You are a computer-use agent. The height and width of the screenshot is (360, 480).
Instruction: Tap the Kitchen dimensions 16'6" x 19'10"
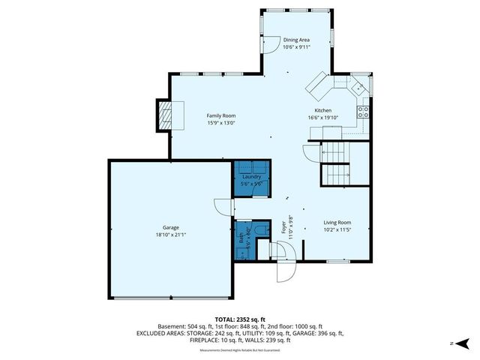click(333, 118)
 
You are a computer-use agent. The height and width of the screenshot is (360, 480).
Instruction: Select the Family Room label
click(221, 115)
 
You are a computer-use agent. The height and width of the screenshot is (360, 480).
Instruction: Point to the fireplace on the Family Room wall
click(164, 115)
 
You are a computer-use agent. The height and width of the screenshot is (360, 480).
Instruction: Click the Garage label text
click(171, 227)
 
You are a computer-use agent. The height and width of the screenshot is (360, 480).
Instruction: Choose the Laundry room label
click(251, 177)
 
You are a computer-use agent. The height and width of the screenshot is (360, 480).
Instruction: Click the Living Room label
click(337, 223)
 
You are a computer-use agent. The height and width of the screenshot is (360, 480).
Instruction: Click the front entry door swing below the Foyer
click(286, 271)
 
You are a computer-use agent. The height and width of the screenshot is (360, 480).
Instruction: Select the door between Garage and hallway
click(223, 208)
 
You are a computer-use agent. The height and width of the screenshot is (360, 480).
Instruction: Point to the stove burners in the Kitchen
click(363, 112)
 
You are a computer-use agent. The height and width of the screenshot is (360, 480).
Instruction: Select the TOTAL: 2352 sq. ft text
click(239, 319)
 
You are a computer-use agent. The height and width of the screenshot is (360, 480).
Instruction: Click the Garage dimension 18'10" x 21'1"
click(171, 235)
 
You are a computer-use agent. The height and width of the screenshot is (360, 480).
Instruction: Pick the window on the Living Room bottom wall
click(336, 260)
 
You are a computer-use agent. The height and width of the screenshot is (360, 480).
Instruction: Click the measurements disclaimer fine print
click(239, 350)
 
